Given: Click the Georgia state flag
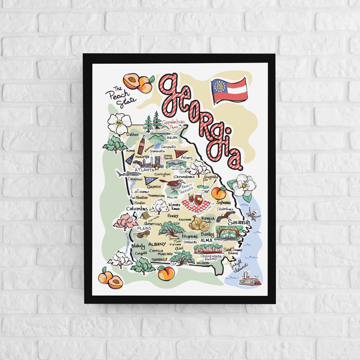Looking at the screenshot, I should (229, 90).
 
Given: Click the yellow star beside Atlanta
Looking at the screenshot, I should (157, 168).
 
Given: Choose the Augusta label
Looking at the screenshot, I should (211, 177).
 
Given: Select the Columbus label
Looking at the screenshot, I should (137, 209).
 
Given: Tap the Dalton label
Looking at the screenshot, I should (132, 134).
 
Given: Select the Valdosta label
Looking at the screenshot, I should (203, 263).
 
